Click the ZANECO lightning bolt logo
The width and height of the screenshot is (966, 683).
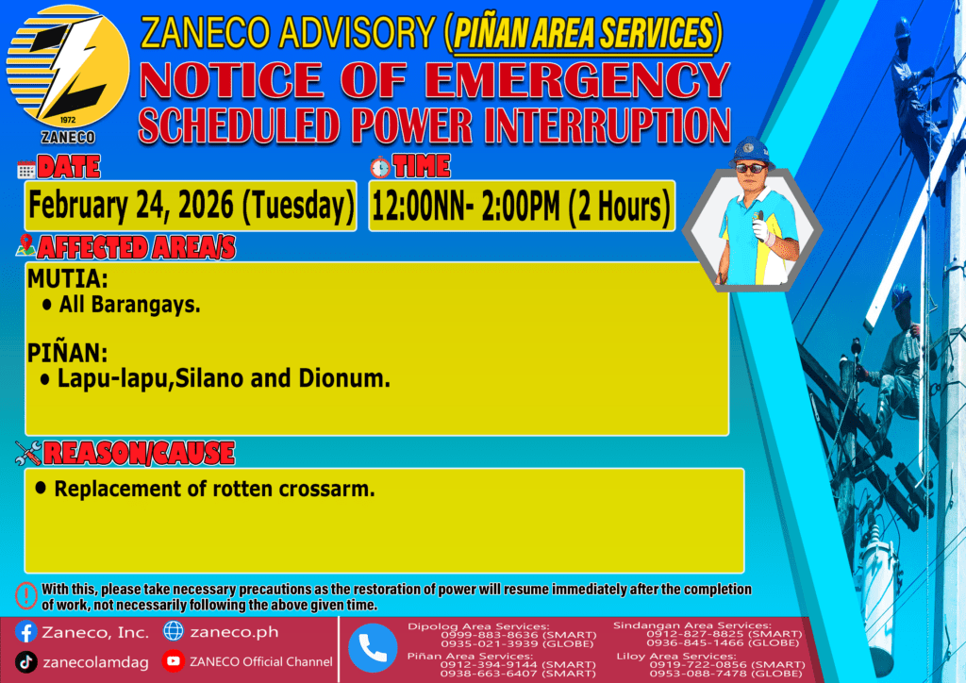68,68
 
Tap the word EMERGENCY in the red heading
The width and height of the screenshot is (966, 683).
577,80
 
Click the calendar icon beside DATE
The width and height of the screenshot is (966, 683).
26,170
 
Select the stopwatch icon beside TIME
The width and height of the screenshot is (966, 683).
380,168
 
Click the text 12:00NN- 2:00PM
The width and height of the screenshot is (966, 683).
466,207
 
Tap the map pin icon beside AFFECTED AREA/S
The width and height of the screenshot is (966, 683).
25,245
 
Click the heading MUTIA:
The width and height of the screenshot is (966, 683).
67,279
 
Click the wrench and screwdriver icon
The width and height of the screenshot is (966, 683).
28,453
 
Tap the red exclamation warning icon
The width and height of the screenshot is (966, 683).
25,595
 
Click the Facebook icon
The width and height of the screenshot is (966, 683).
25,632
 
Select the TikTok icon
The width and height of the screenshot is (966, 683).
25,662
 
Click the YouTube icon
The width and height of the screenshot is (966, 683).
174,660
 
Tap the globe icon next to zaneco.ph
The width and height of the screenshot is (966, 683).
174,631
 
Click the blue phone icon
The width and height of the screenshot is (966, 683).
373,648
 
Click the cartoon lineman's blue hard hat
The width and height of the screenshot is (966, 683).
750,151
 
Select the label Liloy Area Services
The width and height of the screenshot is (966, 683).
675,656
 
